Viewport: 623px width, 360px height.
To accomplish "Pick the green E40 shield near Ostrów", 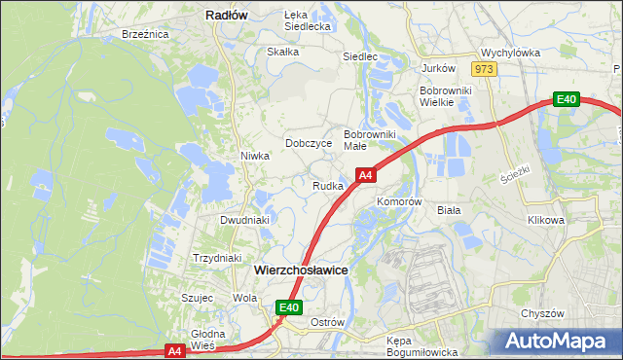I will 288,307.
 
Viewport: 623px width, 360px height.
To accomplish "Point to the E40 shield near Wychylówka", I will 567,99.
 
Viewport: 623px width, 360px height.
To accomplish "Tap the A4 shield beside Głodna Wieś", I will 174,350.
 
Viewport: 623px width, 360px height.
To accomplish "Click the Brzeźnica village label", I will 146,34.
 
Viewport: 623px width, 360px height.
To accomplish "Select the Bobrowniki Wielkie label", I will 445,96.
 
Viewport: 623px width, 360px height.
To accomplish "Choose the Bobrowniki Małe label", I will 369,139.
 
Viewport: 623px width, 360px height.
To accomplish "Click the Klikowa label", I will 546,220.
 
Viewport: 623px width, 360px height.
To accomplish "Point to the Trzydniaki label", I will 216,258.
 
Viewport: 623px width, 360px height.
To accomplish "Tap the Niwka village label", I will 254,156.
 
